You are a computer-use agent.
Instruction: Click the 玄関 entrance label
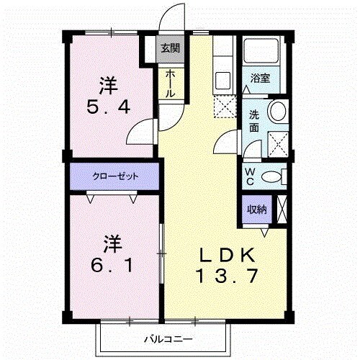click(170, 49)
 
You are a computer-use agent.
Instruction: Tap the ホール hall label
click(170, 84)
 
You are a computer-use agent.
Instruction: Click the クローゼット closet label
click(114, 175)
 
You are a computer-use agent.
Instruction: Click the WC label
click(250, 176)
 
